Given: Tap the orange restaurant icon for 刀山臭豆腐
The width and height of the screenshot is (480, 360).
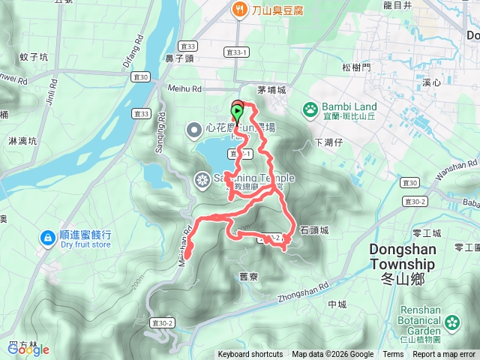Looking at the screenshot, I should [238, 10].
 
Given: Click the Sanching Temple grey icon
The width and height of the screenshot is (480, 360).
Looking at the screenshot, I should [202, 179].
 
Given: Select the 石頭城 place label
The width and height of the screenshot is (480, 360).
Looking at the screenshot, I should [313, 230].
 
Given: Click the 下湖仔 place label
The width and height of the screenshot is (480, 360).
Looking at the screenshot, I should [328, 142].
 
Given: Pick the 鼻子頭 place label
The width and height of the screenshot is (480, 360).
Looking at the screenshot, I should [180, 58].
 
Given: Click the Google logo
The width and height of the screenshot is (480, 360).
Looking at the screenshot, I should [28, 349].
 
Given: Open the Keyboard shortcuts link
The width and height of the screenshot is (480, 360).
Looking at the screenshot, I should [250, 355].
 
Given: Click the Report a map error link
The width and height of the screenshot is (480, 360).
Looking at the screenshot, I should [445, 355].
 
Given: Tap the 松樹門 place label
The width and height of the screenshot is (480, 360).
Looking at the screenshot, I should [355, 67].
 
